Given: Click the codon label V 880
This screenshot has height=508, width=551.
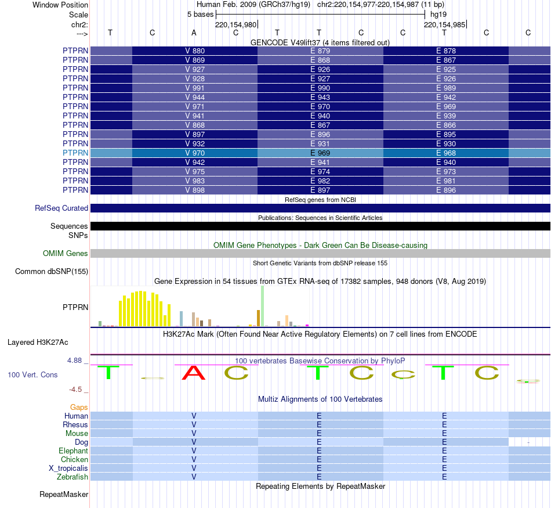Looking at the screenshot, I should [194, 51].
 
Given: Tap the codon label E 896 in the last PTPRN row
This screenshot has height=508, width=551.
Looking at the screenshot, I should [445, 190].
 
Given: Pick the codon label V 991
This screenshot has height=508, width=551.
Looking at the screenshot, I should [194, 88].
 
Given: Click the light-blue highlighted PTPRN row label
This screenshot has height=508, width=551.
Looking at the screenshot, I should [75, 153].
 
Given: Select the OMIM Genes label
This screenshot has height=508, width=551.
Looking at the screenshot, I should [66, 254].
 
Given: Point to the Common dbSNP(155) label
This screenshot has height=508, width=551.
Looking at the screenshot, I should [52, 272].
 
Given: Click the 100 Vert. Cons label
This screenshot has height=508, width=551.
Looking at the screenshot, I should [32, 375].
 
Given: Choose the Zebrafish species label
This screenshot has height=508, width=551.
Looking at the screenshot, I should [72, 477].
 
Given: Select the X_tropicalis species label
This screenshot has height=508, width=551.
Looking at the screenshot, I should [68, 469].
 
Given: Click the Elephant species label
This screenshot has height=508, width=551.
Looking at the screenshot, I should [73, 451].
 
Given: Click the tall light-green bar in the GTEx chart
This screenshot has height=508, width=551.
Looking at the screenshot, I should [262, 306].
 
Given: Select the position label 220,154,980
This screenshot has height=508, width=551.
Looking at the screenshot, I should [235, 25].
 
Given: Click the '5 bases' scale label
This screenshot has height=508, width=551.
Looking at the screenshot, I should [200, 14].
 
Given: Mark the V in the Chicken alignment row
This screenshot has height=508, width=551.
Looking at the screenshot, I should [194, 460].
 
